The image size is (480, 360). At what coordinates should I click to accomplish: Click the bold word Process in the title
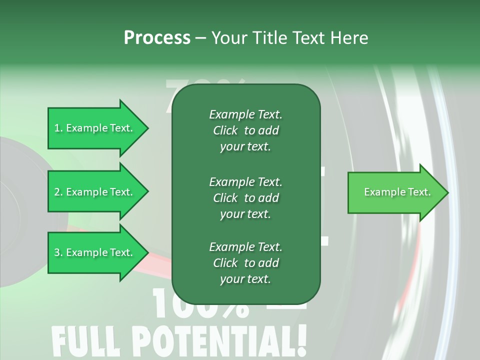157,38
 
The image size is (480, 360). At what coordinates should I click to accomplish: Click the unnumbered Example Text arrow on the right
397,192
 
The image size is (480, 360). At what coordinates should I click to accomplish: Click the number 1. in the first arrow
58,128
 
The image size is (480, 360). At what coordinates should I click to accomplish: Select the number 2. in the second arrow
58,192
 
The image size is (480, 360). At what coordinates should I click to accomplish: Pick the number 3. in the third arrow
58,252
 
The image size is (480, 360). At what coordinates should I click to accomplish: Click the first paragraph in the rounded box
245,130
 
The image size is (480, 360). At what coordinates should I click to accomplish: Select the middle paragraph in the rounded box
245,198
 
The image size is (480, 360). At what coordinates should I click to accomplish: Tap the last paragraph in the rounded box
245,263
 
